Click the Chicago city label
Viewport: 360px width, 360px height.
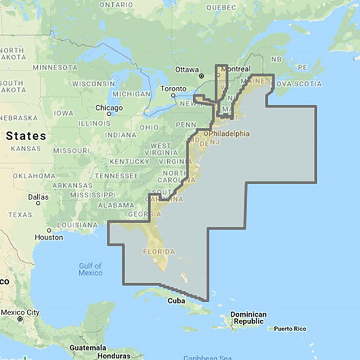pyautogui.click(x=109, y=108)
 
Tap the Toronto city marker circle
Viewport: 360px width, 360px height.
pyautogui.click(x=173, y=95)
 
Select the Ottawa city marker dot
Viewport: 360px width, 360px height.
pyautogui.click(x=202, y=76)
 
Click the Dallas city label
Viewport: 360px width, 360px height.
pyautogui.click(x=38, y=197)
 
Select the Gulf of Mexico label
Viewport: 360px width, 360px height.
pyautogui.click(x=90, y=269)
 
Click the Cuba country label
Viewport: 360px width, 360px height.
pyautogui.click(x=176, y=301)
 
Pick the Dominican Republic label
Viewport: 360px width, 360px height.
pyautogui.click(x=249, y=318)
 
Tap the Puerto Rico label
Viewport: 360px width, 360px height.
pyautogui.click(x=290, y=329)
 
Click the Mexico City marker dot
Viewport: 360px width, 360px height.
pyautogui.click(x=20, y=319)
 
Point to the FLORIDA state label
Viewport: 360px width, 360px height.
pyautogui.click(x=159, y=251)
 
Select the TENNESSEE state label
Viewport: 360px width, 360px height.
pyautogui.click(x=117, y=176)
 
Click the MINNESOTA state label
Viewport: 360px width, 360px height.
pyautogui.click(x=55, y=67)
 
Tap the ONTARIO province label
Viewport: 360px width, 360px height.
pyautogui.click(x=116, y=5)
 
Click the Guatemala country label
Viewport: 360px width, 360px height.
pyautogui.click(x=88, y=348)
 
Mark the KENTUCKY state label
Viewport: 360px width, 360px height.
pyautogui.click(x=129, y=162)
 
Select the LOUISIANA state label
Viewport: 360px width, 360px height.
pyautogui.click(x=77, y=225)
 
